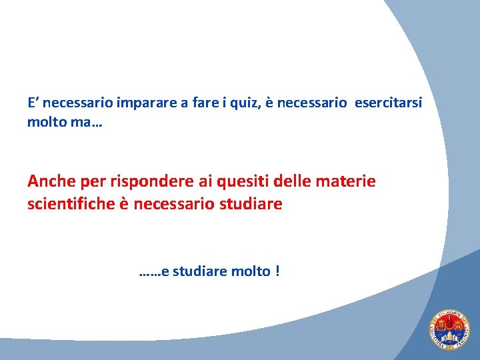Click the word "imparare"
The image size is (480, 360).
click(144, 103)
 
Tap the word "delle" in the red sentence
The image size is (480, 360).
click(293, 181)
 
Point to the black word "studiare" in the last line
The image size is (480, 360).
click(199, 272)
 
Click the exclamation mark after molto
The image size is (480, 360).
click(277, 272)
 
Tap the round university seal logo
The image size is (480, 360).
click(449, 330)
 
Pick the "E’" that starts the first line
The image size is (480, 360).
click(34, 103)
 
